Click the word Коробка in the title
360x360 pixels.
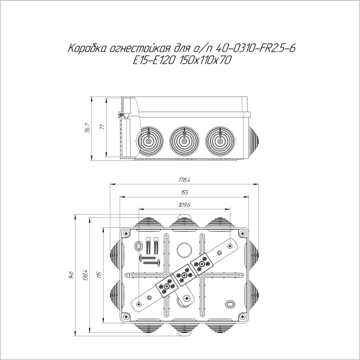[x=88, y=49]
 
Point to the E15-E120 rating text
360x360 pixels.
[x=157, y=61]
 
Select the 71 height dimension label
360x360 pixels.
[x=102, y=127]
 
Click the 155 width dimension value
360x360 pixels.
[x=184, y=193]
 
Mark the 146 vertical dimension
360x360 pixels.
[x=71, y=275]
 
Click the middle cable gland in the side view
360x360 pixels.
[x=184, y=141]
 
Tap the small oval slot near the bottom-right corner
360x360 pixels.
[x=230, y=303]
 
